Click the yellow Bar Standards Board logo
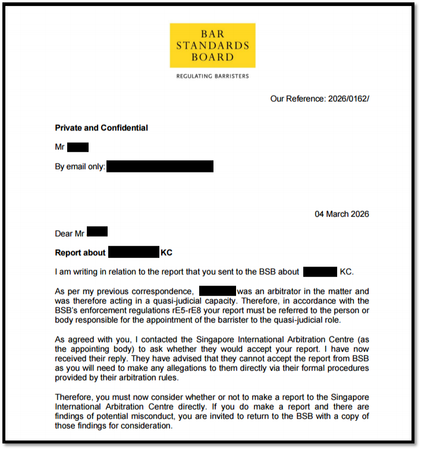click(212, 45)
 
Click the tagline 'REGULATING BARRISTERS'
click(212, 77)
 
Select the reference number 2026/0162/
click(348, 99)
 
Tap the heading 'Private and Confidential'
click(101, 128)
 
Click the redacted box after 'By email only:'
click(160, 166)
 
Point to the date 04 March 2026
click(341, 214)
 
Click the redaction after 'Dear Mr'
click(97, 232)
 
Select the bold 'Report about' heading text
click(80, 253)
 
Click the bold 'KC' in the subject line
click(166, 253)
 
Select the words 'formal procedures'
click(334, 368)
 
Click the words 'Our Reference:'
click(298, 99)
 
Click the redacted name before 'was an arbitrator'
click(218, 291)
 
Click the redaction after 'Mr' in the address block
click(78, 147)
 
